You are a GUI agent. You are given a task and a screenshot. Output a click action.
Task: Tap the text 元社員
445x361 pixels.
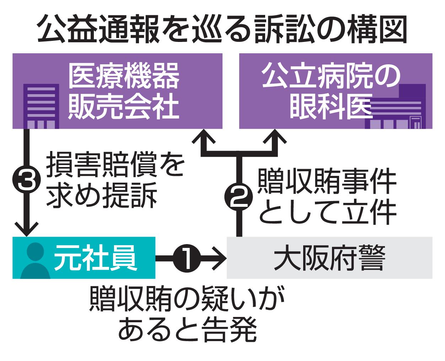coord(95,258)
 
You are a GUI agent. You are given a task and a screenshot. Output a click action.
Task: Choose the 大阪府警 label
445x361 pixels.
coord(329,258)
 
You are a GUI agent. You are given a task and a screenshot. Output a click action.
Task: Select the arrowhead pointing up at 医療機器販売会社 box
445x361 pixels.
coord(204,139)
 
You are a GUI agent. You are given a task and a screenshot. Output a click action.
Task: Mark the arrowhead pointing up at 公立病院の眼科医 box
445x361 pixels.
coord(274,139)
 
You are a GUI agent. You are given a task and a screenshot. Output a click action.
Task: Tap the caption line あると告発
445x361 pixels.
coord(187,329)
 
